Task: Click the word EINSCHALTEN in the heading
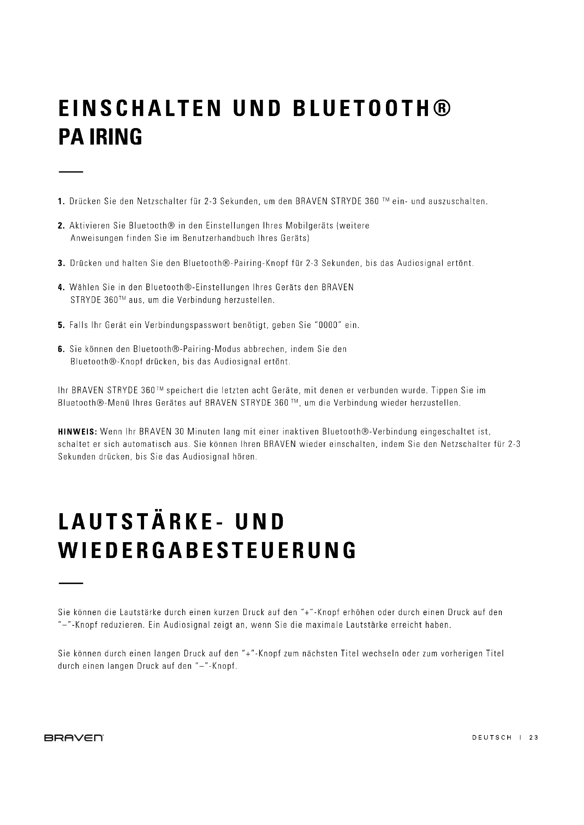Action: pyautogui.click(x=140, y=109)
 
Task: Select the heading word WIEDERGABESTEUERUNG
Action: pyautogui.click(x=207, y=550)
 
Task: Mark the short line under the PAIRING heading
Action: pyautogui.click(x=71, y=172)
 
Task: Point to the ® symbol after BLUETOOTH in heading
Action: pyautogui.click(x=441, y=109)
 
